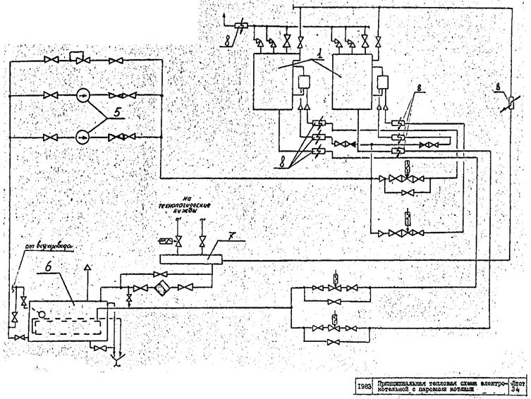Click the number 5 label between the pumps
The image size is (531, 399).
pos(106,111)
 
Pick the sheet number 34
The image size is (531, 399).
pos(518,389)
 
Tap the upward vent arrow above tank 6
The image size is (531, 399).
pos(86,268)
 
